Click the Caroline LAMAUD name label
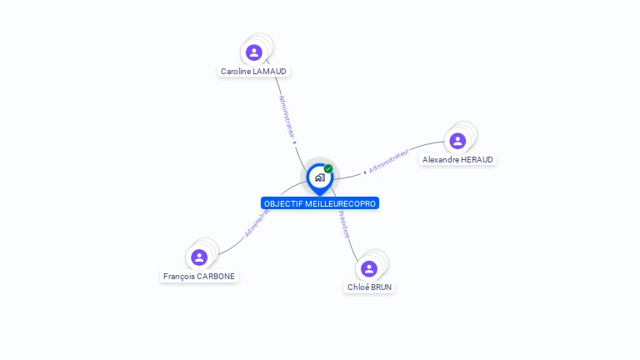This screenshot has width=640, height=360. [x=253, y=72]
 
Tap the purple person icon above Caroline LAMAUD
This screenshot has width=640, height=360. [x=254, y=52]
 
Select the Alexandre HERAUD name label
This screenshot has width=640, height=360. [x=457, y=160]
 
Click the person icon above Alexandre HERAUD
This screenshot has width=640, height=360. [x=457, y=141]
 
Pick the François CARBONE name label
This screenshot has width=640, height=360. [x=199, y=277]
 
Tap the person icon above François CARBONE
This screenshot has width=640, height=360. [x=199, y=257]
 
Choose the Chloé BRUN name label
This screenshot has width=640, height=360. [x=369, y=287]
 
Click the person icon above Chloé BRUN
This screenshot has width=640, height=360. [x=369, y=268]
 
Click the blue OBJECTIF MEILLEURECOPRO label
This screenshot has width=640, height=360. [x=320, y=203]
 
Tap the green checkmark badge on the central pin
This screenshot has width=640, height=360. [x=328, y=168]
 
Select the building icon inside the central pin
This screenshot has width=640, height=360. [x=320, y=177]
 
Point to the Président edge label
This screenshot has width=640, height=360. [x=343, y=224]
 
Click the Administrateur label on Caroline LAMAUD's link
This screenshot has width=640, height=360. [x=287, y=117]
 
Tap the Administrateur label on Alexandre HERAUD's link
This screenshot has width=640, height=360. [x=388, y=161]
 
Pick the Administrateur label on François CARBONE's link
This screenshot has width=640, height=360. [x=257, y=223]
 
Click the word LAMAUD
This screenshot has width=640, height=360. [x=270, y=72]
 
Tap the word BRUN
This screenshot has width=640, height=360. [x=381, y=287]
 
